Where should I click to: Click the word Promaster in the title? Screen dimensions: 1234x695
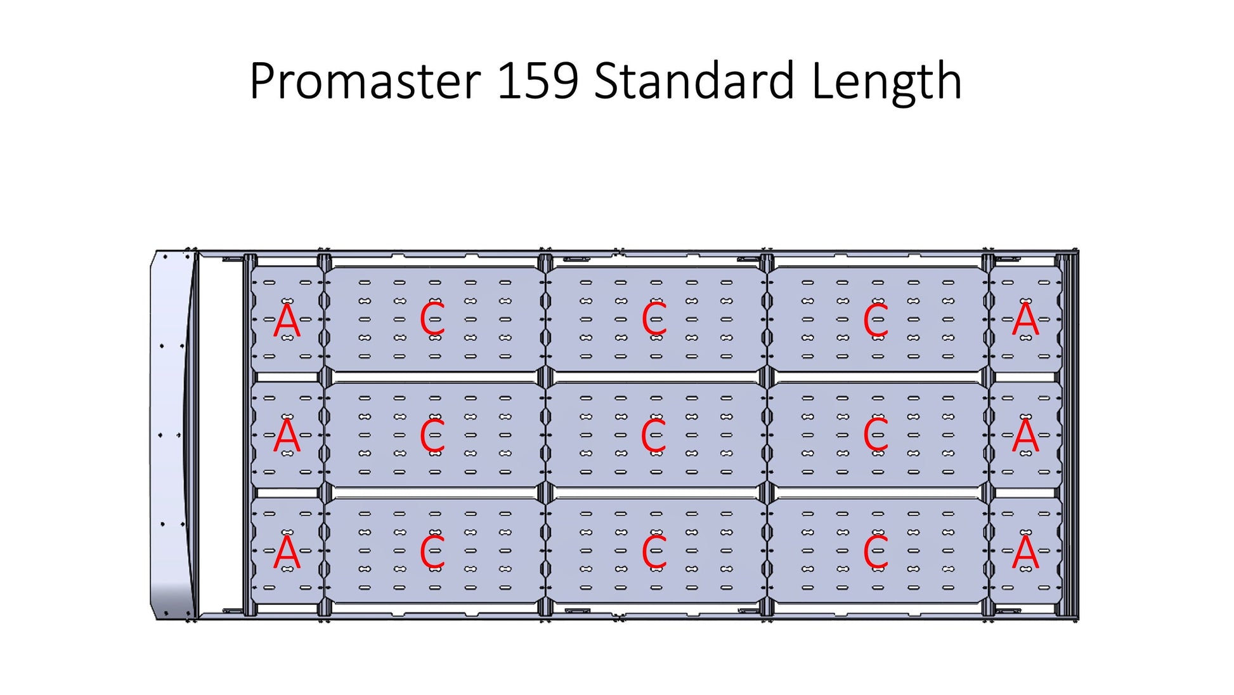pyautogui.click(x=365, y=82)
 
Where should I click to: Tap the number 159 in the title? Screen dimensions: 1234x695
pyautogui.click(x=538, y=81)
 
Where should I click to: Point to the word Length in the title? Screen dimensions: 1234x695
pyautogui.click(x=887, y=83)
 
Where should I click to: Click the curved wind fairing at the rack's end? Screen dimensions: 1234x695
pyautogui.click(x=172, y=435)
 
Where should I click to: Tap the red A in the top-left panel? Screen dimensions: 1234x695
pyautogui.click(x=287, y=321)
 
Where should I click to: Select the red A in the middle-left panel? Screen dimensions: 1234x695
pyautogui.click(x=287, y=437)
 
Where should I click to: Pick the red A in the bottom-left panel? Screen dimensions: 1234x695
pyautogui.click(x=287, y=552)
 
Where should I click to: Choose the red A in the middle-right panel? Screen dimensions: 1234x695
pyautogui.click(x=1025, y=436)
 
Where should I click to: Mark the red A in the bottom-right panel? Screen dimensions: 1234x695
pyautogui.click(x=1025, y=552)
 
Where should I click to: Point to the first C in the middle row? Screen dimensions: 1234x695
pyautogui.click(x=432, y=436)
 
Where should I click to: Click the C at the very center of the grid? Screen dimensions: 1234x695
pyautogui.click(x=654, y=436)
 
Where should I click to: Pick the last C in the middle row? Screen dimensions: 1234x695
pyautogui.click(x=876, y=436)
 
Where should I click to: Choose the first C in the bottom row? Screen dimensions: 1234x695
pyautogui.click(x=432, y=552)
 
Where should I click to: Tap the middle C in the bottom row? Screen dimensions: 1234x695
pyautogui.click(x=654, y=552)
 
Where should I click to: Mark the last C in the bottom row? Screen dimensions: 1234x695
pyautogui.click(x=876, y=552)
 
